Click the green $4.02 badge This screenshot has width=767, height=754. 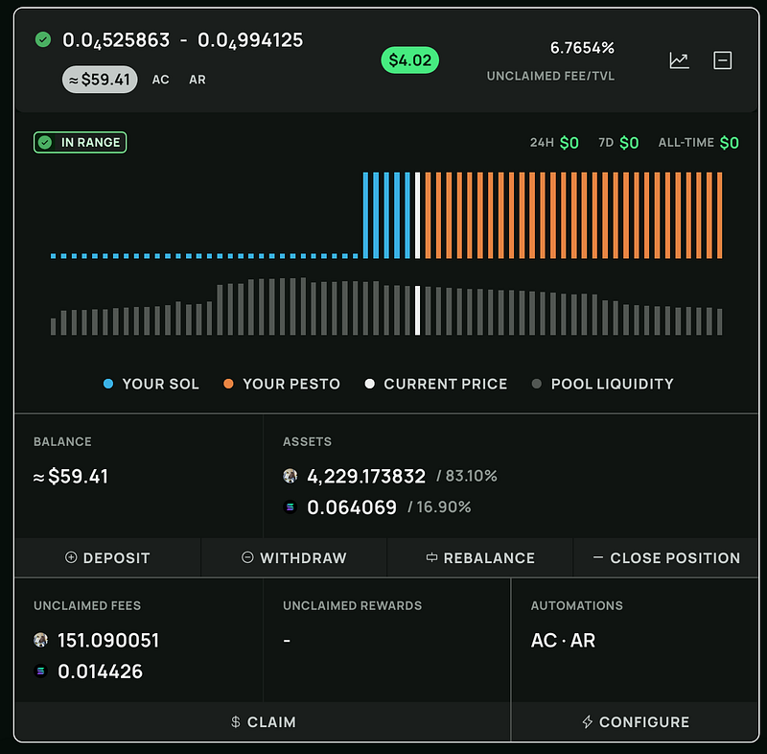pyautogui.click(x=410, y=60)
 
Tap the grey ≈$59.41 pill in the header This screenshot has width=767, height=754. pyautogui.click(x=101, y=80)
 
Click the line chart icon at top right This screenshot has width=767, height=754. pyautogui.click(x=679, y=60)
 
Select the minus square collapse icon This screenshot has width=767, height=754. pyautogui.click(x=723, y=60)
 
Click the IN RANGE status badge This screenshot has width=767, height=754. pyautogui.click(x=81, y=142)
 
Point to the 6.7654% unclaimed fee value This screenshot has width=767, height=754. pyautogui.click(x=582, y=48)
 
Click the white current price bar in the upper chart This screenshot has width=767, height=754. pyautogui.click(x=417, y=216)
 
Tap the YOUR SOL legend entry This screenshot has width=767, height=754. pyautogui.click(x=151, y=384)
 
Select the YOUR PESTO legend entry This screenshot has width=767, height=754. pyautogui.click(x=282, y=384)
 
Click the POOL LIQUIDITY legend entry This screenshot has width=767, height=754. pyautogui.click(x=603, y=384)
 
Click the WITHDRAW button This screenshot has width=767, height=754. pyautogui.click(x=294, y=557)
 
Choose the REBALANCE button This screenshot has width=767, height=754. pyautogui.click(x=480, y=557)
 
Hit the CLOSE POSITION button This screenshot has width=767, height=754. pyautogui.click(x=666, y=557)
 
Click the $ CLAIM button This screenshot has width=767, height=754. pyautogui.click(x=263, y=722)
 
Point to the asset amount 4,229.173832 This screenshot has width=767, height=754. pyautogui.click(x=366, y=476)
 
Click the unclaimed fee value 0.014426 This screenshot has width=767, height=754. pyautogui.click(x=101, y=672)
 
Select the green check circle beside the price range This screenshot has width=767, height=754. pyautogui.click(x=43, y=39)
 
